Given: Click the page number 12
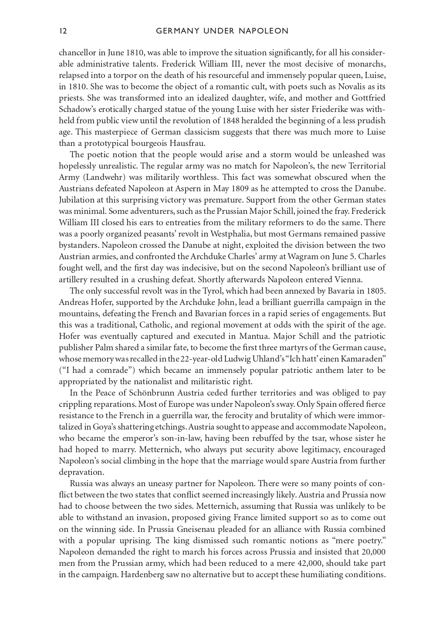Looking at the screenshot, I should (x=63, y=31).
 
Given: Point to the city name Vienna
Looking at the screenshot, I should (x=349, y=279).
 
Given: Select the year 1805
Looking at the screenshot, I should (x=376, y=291).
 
